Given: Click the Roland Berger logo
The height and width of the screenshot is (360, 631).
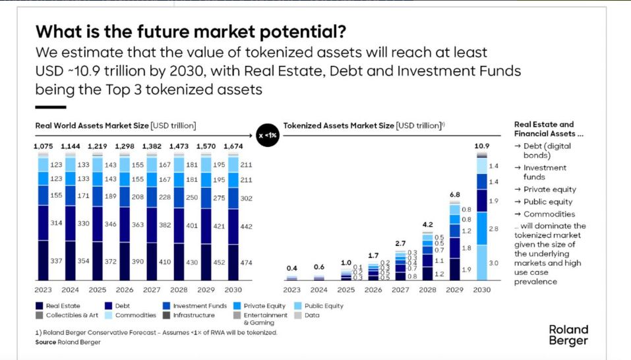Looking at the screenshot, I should pos(568,335).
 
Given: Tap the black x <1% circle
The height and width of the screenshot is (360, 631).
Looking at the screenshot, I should pos(268,135).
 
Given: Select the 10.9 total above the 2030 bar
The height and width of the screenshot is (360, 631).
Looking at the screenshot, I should pos(482,145).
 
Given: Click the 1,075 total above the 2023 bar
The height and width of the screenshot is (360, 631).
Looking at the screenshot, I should pos(44,146).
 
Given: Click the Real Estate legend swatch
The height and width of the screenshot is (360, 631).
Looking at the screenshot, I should pos(40,306).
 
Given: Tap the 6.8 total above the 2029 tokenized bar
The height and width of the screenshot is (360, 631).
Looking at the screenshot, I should pos(454,195).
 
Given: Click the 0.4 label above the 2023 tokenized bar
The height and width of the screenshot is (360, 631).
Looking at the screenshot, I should pos(291,268).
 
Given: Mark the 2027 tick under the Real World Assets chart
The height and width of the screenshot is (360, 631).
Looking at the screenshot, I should pos(152,289).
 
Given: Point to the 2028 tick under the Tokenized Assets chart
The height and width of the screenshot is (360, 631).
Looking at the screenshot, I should pos(427,289).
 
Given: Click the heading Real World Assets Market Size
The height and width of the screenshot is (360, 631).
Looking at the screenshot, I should pos(92,125).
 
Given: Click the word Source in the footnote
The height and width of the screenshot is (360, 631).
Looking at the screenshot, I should pos(46,342).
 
